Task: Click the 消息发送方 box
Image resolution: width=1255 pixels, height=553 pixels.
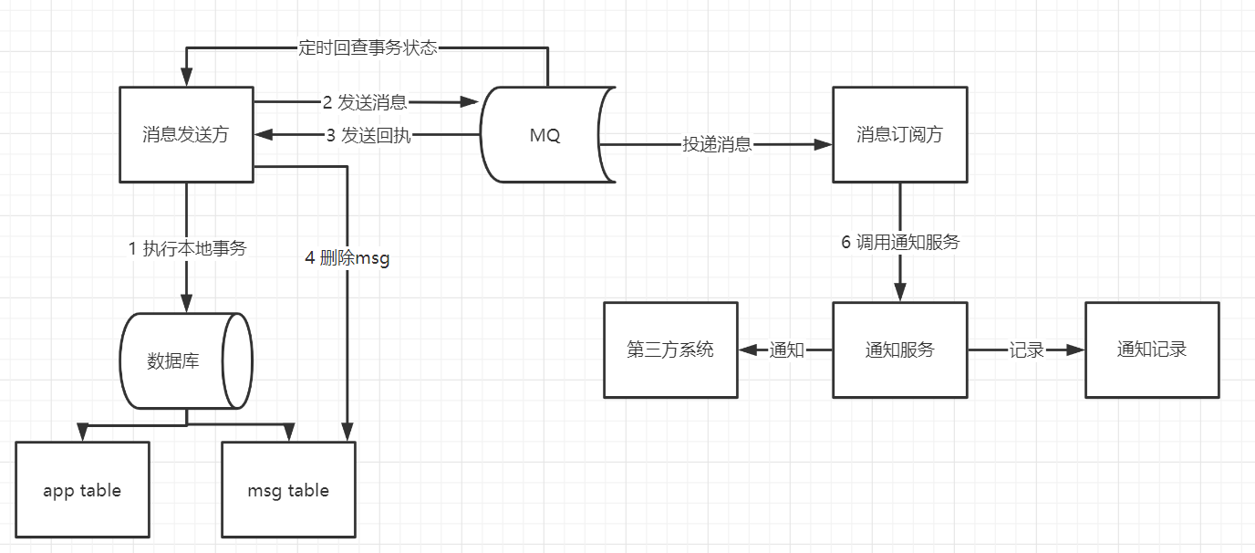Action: click(x=186, y=134)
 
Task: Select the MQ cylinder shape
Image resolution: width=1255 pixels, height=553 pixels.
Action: click(x=545, y=135)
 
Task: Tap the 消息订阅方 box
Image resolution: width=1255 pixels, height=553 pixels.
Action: click(x=899, y=134)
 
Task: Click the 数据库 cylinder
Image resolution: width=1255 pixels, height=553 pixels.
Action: click(x=185, y=360)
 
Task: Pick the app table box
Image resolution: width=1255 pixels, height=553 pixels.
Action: click(x=82, y=490)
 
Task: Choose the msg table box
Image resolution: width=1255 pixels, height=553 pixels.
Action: click(x=288, y=490)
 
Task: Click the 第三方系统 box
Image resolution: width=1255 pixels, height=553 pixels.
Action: click(x=670, y=350)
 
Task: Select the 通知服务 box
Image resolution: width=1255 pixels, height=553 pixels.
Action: click(x=899, y=350)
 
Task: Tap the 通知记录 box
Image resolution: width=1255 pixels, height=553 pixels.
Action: click(x=1152, y=350)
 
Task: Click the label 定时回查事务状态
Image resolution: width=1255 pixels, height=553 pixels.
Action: click(x=368, y=47)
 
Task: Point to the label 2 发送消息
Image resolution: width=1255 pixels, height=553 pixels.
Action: click(x=365, y=102)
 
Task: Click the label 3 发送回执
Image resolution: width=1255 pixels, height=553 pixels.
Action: click(x=368, y=136)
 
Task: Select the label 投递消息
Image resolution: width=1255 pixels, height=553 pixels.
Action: click(x=717, y=144)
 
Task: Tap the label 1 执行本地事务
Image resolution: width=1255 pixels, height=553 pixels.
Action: click(x=187, y=247)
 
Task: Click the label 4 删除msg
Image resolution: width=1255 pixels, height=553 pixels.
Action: click(x=347, y=258)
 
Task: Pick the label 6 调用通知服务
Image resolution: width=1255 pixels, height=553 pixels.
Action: click(x=900, y=243)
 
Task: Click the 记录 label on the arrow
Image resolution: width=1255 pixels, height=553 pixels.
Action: click(x=1026, y=350)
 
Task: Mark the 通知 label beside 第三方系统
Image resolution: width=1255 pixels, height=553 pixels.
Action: click(x=787, y=350)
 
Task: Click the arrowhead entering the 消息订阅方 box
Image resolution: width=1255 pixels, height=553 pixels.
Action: click(x=825, y=144)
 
